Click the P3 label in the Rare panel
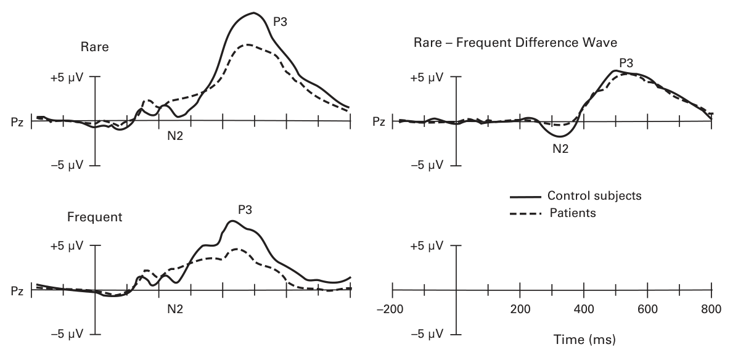click(x=281, y=22)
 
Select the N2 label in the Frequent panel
click(x=175, y=306)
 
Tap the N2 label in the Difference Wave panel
click(x=560, y=148)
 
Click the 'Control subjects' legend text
click(x=594, y=196)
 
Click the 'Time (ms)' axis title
click(x=584, y=339)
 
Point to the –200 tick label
click(x=392, y=308)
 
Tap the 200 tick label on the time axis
click(x=520, y=308)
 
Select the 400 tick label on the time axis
click(x=584, y=308)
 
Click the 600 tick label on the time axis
click(x=647, y=308)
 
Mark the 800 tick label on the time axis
click(x=711, y=308)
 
